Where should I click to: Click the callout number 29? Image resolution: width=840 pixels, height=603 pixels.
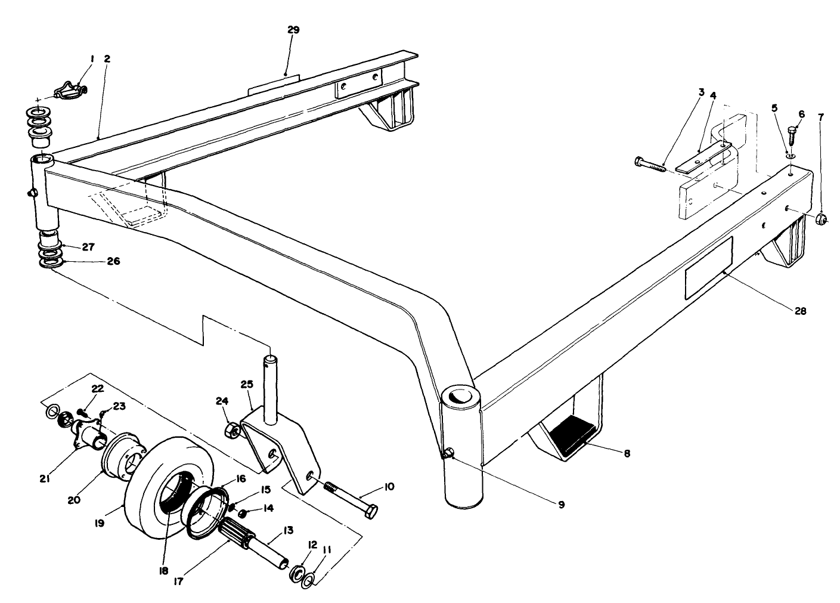point(293,30)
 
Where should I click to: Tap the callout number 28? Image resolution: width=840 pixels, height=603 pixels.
point(801,311)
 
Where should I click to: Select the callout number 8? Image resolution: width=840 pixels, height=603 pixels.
point(627,453)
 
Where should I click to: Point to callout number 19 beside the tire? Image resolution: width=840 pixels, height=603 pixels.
point(99,522)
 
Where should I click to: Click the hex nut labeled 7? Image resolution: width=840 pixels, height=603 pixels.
point(822,219)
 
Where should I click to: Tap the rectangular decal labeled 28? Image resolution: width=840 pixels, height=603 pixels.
point(708,267)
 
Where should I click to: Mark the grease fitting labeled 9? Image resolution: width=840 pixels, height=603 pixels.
point(448,456)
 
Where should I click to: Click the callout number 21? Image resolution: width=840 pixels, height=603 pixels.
point(45,478)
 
